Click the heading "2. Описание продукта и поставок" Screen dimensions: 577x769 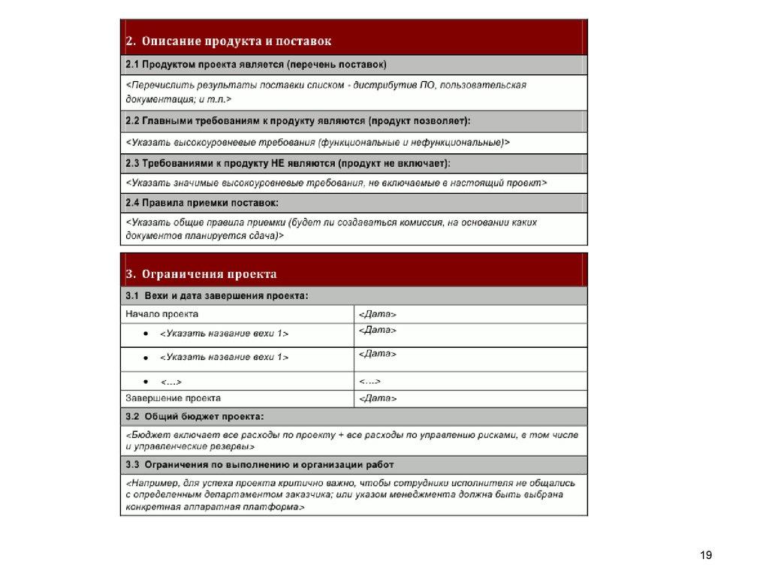(228, 41)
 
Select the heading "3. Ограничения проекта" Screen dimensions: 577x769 (201, 274)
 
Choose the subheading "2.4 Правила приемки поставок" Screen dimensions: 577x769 (201, 202)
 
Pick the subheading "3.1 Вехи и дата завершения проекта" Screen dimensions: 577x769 (216, 297)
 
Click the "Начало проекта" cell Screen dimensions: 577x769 (162, 314)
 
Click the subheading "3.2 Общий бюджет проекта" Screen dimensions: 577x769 (195, 415)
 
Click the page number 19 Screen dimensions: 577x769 (705, 555)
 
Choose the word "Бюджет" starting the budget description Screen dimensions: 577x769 (148, 434)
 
